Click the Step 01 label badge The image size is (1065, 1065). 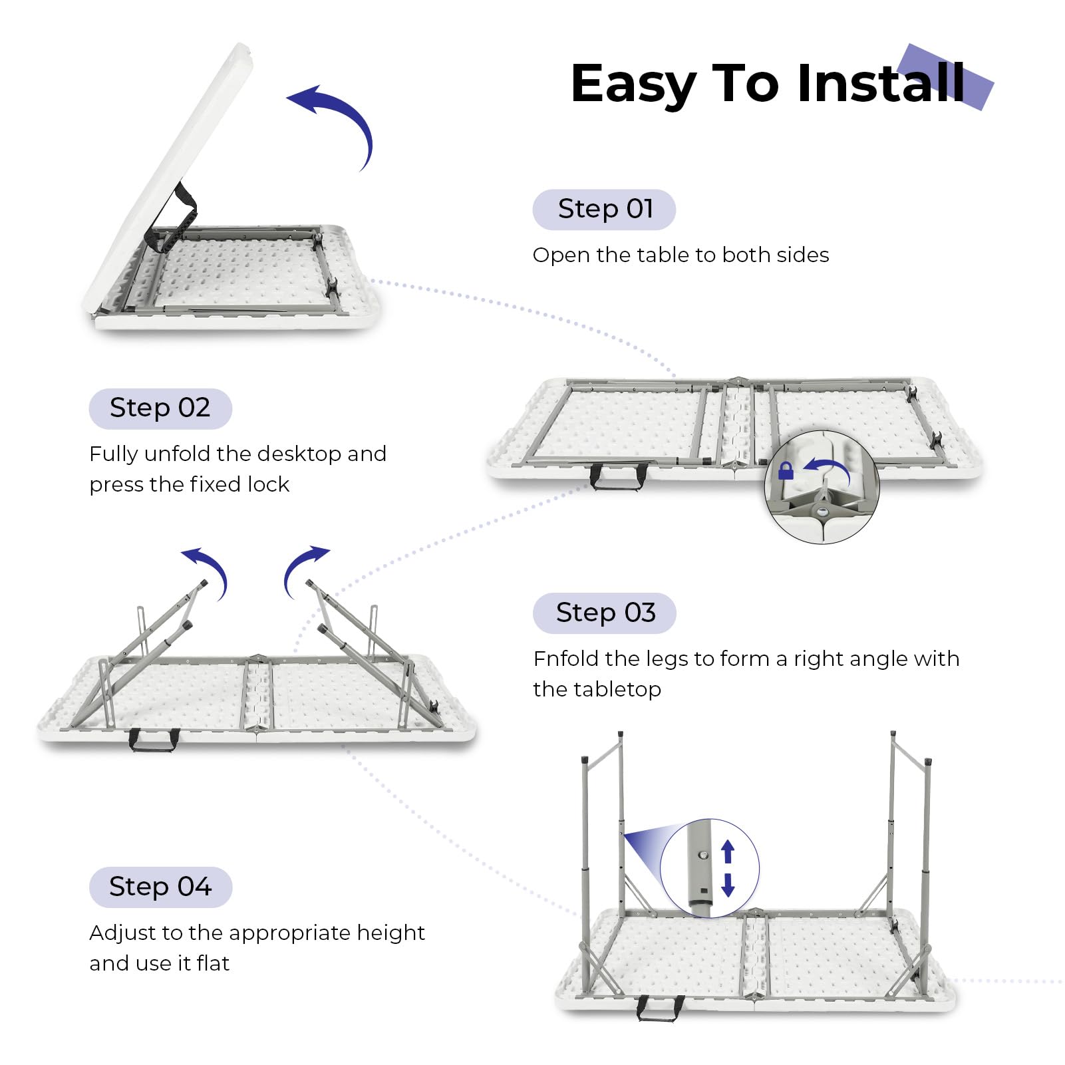coord(604,210)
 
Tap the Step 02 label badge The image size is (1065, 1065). coord(160,408)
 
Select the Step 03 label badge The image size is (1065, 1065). coord(604,613)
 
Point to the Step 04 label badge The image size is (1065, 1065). coord(160,887)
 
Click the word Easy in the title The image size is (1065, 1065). coord(633,84)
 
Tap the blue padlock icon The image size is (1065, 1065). coord(786,471)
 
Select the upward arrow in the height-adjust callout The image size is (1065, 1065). coord(728,851)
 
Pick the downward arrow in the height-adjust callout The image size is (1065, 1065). coord(728,885)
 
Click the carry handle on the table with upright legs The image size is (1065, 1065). coord(660,1007)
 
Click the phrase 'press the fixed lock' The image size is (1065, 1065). coord(190,484)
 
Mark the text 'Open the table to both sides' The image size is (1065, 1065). coord(681,255)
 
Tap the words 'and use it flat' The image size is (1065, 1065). coord(160,963)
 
